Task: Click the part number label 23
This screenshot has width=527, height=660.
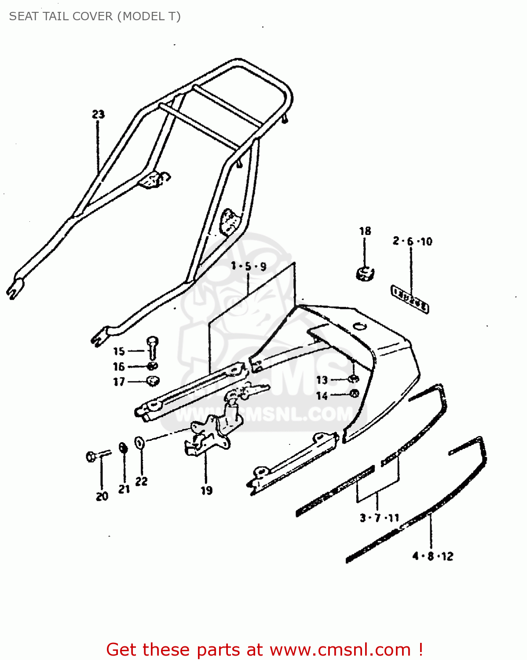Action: coord(98,114)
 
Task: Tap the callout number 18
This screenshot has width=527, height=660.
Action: coord(365,231)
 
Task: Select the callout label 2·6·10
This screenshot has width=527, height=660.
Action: coord(412,241)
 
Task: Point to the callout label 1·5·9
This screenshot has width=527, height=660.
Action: coord(249,266)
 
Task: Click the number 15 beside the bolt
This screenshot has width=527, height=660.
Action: coord(119,351)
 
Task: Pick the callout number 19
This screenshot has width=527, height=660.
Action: coord(206,490)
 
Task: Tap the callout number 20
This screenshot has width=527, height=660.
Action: coord(102,496)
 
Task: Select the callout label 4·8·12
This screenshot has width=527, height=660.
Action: coord(432,556)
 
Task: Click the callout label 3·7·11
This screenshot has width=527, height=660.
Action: coord(379,518)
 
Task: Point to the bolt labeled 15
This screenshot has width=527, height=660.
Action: coord(152,347)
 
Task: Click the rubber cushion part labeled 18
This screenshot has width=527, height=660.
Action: coord(364,273)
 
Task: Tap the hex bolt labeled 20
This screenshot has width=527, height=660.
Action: coord(92,456)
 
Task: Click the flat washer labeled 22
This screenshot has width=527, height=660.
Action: coord(139,442)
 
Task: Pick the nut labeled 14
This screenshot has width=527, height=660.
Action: coord(354,394)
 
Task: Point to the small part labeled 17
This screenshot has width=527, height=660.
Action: coord(153,381)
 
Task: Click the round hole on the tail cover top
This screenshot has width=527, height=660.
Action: coord(359,326)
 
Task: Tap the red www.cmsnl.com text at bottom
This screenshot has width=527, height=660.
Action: coord(340,649)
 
